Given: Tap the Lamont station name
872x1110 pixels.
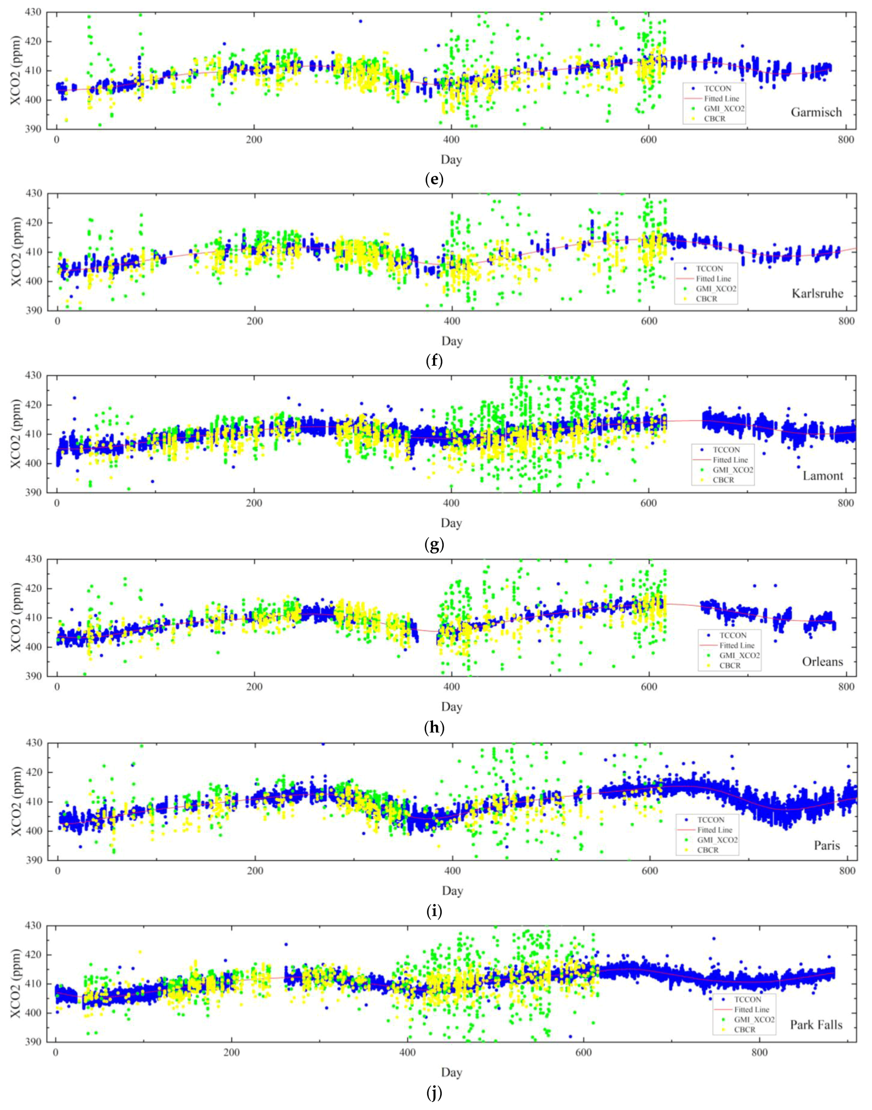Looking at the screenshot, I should (x=823, y=476).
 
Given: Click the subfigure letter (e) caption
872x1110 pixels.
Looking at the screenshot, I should (x=434, y=180).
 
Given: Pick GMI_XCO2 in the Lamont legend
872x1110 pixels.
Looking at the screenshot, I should (x=733, y=470).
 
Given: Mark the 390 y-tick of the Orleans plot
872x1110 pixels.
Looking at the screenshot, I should (x=36, y=676).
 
